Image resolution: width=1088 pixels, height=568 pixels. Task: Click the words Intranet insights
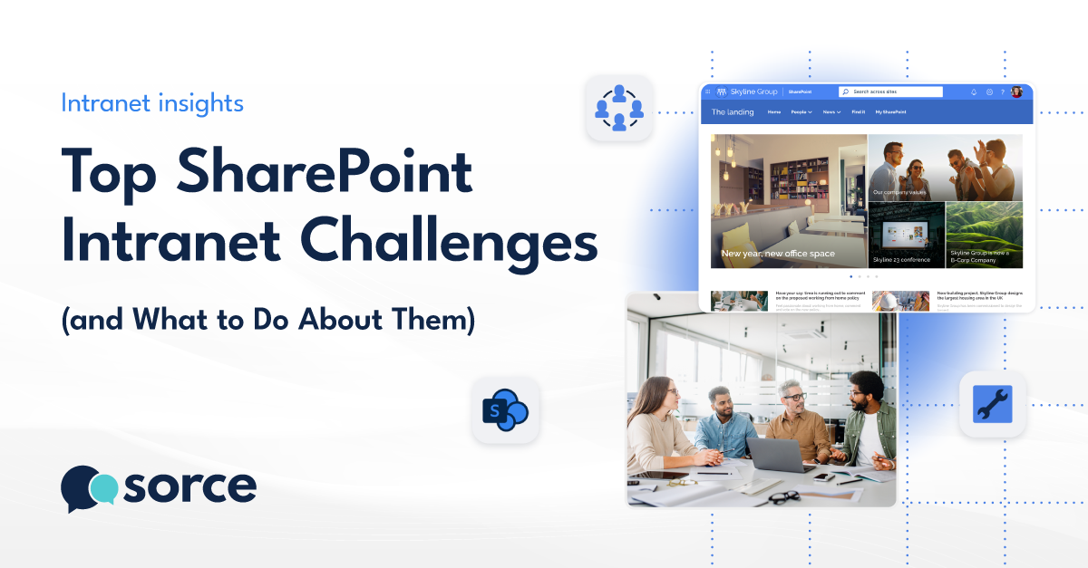click(x=152, y=103)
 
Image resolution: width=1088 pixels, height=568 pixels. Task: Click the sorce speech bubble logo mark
click(x=88, y=488)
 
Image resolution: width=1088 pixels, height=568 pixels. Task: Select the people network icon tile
click(x=619, y=108)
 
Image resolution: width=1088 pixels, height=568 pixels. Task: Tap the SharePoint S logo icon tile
click(x=505, y=410)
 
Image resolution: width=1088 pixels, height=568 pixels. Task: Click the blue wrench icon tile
click(x=992, y=404)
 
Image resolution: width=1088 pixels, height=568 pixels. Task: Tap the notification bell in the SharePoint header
click(x=974, y=91)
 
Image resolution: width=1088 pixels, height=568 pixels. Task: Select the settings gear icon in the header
click(x=989, y=91)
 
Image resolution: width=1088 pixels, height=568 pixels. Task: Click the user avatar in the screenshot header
click(x=1016, y=91)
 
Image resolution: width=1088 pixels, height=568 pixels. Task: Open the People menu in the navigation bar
click(x=801, y=112)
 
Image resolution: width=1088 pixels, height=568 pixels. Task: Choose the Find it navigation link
click(x=858, y=112)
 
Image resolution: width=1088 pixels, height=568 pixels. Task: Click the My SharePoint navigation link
click(x=890, y=112)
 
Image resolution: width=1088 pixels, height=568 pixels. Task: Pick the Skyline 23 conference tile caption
click(x=901, y=260)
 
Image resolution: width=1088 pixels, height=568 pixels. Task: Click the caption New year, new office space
click(x=778, y=254)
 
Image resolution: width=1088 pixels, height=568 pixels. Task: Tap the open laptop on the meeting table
click(x=779, y=454)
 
